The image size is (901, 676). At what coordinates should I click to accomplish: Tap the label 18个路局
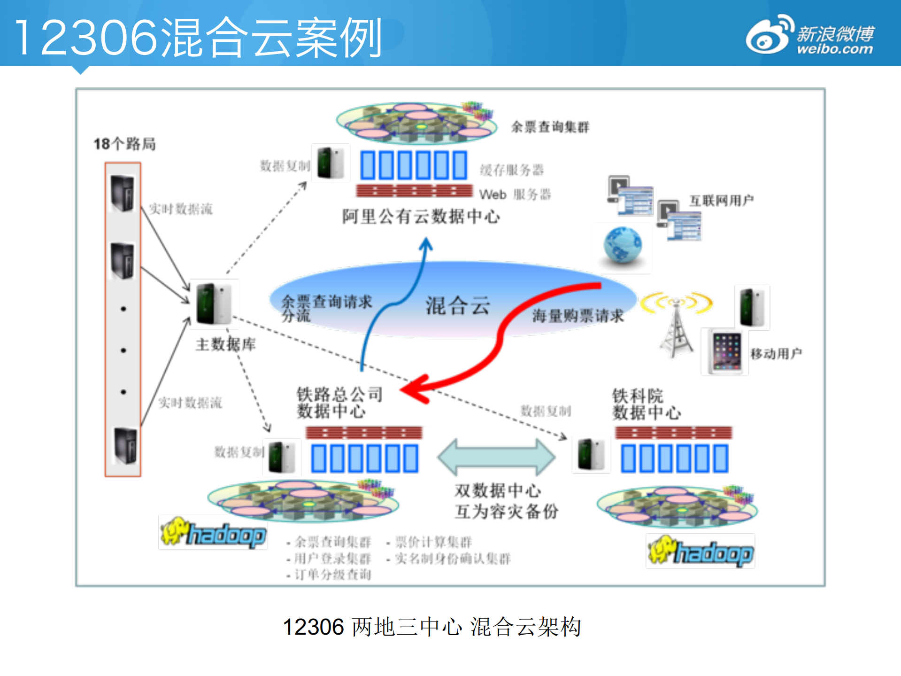pyautogui.click(x=124, y=144)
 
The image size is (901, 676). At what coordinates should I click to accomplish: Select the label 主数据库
pyautogui.click(x=226, y=344)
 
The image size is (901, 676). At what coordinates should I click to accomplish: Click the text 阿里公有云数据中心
pyautogui.click(x=421, y=217)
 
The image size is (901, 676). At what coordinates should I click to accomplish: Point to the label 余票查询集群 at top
pyautogui.click(x=550, y=127)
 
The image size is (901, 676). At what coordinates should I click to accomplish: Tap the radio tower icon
pyautogui.click(x=676, y=329)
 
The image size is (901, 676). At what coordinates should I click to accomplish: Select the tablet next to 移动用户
pyautogui.click(x=725, y=351)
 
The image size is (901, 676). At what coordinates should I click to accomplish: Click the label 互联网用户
pyautogui.click(x=721, y=201)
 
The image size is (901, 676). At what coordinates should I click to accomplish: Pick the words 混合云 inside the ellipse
pyautogui.click(x=458, y=306)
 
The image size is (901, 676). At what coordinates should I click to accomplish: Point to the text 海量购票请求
pyautogui.click(x=578, y=316)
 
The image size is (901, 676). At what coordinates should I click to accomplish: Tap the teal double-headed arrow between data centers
pyautogui.click(x=496, y=457)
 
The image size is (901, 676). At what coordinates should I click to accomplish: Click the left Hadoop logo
pyautogui.click(x=214, y=534)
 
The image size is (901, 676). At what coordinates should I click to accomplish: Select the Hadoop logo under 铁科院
pyautogui.click(x=701, y=552)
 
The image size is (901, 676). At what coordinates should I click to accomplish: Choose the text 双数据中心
pyautogui.click(x=498, y=491)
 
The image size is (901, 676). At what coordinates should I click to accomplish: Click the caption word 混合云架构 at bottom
pyautogui.click(x=526, y=627)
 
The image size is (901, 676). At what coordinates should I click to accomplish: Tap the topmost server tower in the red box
pyautogui.click(x=123, y=193)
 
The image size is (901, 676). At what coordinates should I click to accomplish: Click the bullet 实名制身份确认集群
pyautogui.click(x=453, y=559)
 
